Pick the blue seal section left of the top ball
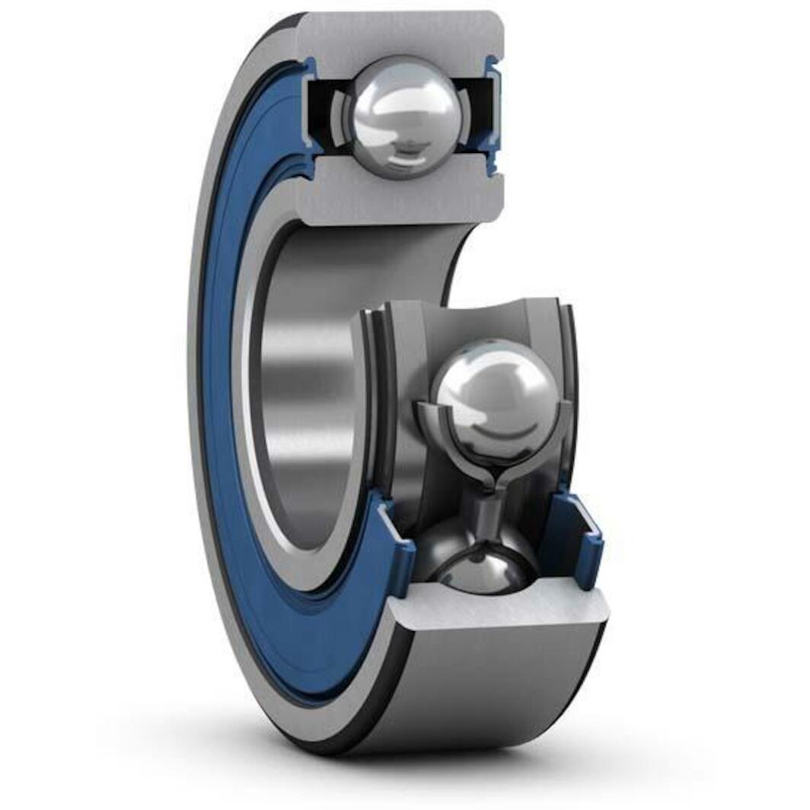tap(308, 114)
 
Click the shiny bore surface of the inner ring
tap(305, 381)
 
